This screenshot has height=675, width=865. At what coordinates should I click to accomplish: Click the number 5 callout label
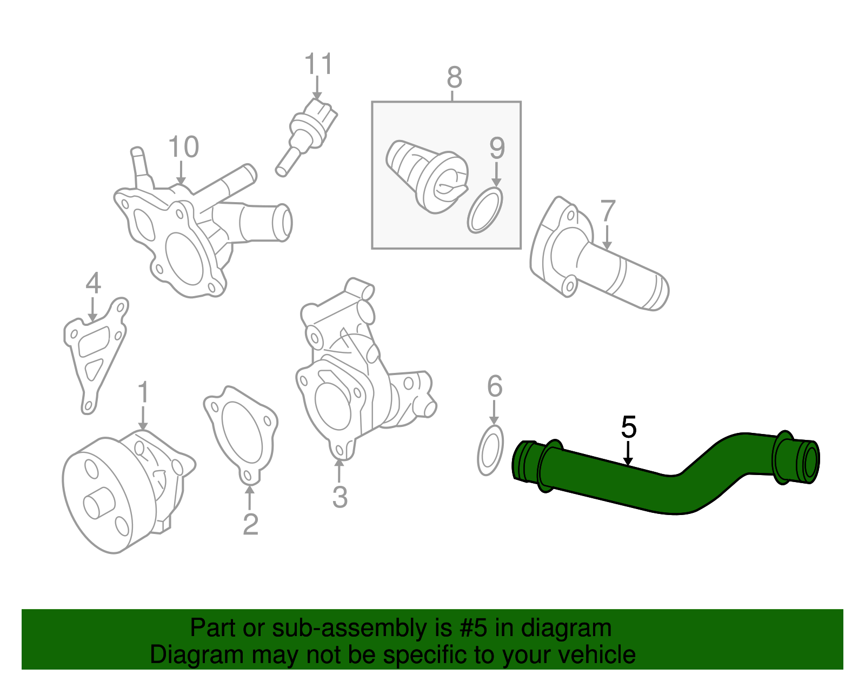coord(629,427)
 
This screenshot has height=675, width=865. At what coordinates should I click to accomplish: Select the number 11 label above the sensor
coord(318,64)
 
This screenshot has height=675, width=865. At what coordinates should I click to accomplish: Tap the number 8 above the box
coord(454,78)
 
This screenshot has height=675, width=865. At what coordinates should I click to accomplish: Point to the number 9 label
coord(497,148)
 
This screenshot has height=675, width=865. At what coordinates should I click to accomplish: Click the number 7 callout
coord(608,211)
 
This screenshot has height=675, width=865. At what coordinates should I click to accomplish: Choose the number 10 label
coord(183,147)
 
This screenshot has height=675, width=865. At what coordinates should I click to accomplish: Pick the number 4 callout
coord(93,283)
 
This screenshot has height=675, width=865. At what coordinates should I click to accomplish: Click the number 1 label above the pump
coord(143,393)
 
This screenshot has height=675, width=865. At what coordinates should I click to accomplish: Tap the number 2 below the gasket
coord(250,524)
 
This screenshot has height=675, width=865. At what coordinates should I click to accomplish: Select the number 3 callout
coord(340,497)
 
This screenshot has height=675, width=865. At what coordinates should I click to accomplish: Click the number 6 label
coord(494,386)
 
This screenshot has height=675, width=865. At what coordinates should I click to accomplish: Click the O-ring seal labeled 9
coord(485,210)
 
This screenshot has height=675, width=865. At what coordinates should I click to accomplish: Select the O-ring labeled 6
coord(490,450)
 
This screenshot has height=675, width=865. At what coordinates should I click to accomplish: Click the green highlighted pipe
coord(665,476)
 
